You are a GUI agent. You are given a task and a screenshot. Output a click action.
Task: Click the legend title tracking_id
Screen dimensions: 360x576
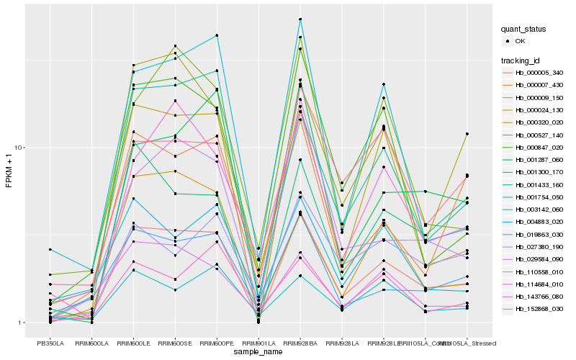tap(522, 60)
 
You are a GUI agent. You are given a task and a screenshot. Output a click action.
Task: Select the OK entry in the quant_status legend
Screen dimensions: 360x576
tap(529, 41)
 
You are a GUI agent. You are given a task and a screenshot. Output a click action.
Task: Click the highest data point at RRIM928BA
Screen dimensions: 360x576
tap(300, 19)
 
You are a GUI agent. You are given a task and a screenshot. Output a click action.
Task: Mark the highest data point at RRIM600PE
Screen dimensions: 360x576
tap(217, 35)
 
